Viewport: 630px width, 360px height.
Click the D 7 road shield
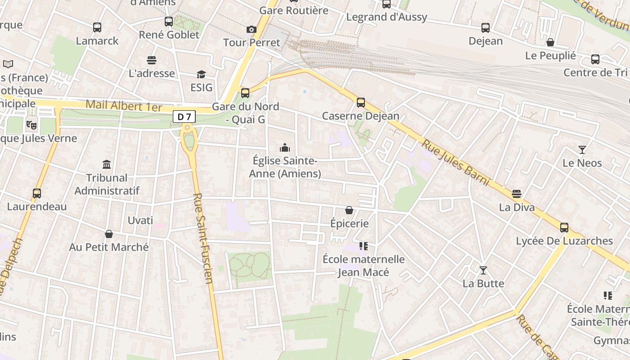point(184,117)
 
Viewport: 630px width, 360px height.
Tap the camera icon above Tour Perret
point(252,30)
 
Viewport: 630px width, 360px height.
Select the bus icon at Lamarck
point(97,27)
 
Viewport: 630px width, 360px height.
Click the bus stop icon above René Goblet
point(169,22)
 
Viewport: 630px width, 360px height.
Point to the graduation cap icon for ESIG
point(201,74)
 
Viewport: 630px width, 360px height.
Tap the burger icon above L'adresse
point(152,60)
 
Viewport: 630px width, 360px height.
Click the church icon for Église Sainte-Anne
point(285,148)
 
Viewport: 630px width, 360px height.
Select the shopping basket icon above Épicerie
point(349,210)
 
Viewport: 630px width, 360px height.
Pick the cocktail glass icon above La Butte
point(483,270)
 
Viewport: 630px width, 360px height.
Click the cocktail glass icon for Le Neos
point(582,150)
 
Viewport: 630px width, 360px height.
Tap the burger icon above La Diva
point(517,194)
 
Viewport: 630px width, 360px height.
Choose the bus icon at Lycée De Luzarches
point(564,228)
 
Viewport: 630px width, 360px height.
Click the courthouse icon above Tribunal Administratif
point(107,164)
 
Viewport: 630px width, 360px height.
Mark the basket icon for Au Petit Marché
point(109,234)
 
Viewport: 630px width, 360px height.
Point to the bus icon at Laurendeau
point(37,193)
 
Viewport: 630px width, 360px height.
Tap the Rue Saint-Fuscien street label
point(203,238)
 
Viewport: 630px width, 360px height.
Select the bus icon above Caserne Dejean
point(361,103)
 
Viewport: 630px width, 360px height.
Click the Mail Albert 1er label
point(124,106)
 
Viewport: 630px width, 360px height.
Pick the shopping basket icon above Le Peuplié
point(550,43)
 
